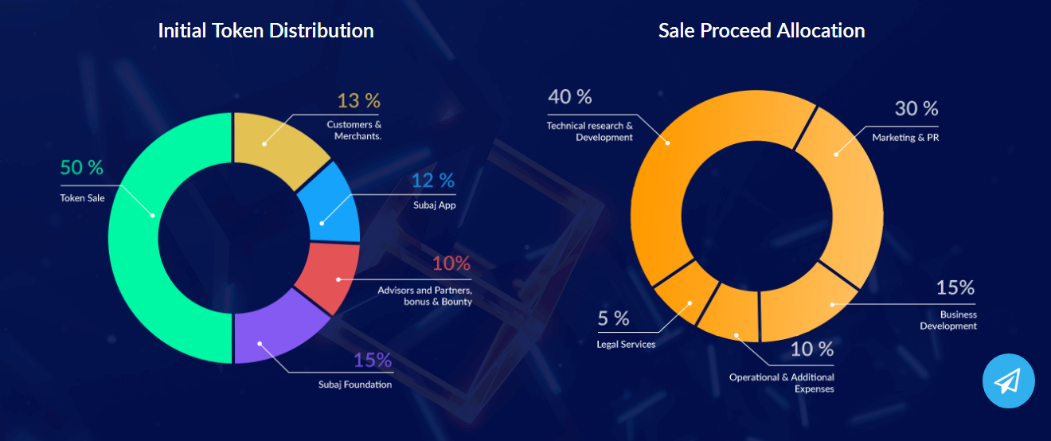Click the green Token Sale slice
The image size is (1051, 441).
coord(135,239)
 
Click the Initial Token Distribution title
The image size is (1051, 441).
coord(266,31)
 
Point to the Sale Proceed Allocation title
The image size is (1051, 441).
coord(761,31)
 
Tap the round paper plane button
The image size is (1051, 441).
coord(1008,381)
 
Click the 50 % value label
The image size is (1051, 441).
coord(82,168)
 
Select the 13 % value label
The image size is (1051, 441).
coord(358,101)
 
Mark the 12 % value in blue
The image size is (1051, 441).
coord(433,181)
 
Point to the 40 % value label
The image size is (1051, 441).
coord(570,97)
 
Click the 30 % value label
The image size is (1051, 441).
coord(916,108)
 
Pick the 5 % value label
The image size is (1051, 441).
coord(614,319)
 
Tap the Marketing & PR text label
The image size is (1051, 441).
coord(905,138)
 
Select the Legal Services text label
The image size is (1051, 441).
coord(626,345)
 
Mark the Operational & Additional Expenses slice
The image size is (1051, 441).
coord(729,314)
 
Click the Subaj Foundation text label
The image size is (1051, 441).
coord(355,385)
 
